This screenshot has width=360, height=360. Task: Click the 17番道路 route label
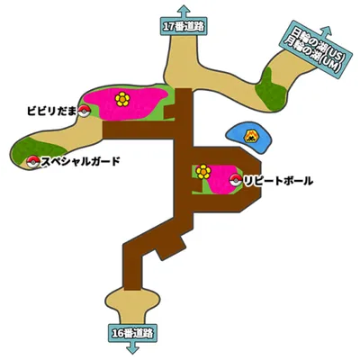184,27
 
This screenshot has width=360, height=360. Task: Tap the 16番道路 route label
132,333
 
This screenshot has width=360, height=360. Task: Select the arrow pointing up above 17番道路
184,12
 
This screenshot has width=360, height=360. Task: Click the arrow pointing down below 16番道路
132,347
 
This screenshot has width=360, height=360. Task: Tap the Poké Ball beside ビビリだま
85,111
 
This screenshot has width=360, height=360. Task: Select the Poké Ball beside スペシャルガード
33,162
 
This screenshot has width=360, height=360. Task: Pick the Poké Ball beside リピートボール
236,181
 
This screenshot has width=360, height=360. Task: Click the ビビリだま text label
52,111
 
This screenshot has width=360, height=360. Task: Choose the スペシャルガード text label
80,162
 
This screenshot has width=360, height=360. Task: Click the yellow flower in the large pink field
122,99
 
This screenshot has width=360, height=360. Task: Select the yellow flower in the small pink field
203,172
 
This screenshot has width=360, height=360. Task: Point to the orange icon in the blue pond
249,136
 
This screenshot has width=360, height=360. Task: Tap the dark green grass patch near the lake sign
270,89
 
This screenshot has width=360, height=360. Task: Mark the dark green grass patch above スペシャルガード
35,150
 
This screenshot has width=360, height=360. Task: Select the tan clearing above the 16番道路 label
132,304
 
